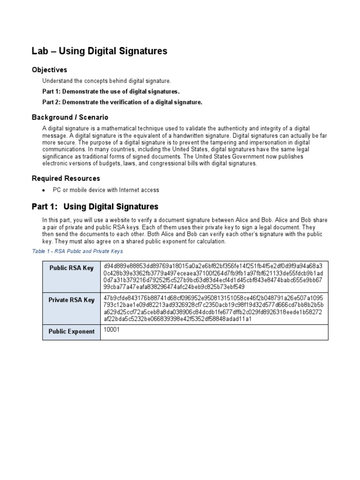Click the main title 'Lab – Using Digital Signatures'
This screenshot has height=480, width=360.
point(99,51)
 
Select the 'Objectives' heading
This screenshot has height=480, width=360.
point(49,70)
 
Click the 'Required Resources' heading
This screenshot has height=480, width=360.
point(66,179)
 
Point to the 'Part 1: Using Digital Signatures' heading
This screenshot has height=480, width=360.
point(95,207)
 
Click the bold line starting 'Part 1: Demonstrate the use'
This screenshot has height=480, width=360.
point(111,91)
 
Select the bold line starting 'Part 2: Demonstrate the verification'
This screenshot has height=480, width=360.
point(122,102)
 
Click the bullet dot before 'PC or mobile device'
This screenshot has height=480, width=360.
point(44,190)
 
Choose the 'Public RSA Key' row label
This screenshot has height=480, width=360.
point(72,268)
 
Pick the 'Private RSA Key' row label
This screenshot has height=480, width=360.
point(72,300)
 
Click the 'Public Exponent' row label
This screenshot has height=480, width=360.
point(72,331)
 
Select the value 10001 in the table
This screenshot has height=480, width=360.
point(112,330)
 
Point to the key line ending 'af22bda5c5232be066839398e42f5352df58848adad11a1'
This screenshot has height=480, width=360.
point(178,319)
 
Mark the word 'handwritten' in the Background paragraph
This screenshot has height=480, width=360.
point(187,135)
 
